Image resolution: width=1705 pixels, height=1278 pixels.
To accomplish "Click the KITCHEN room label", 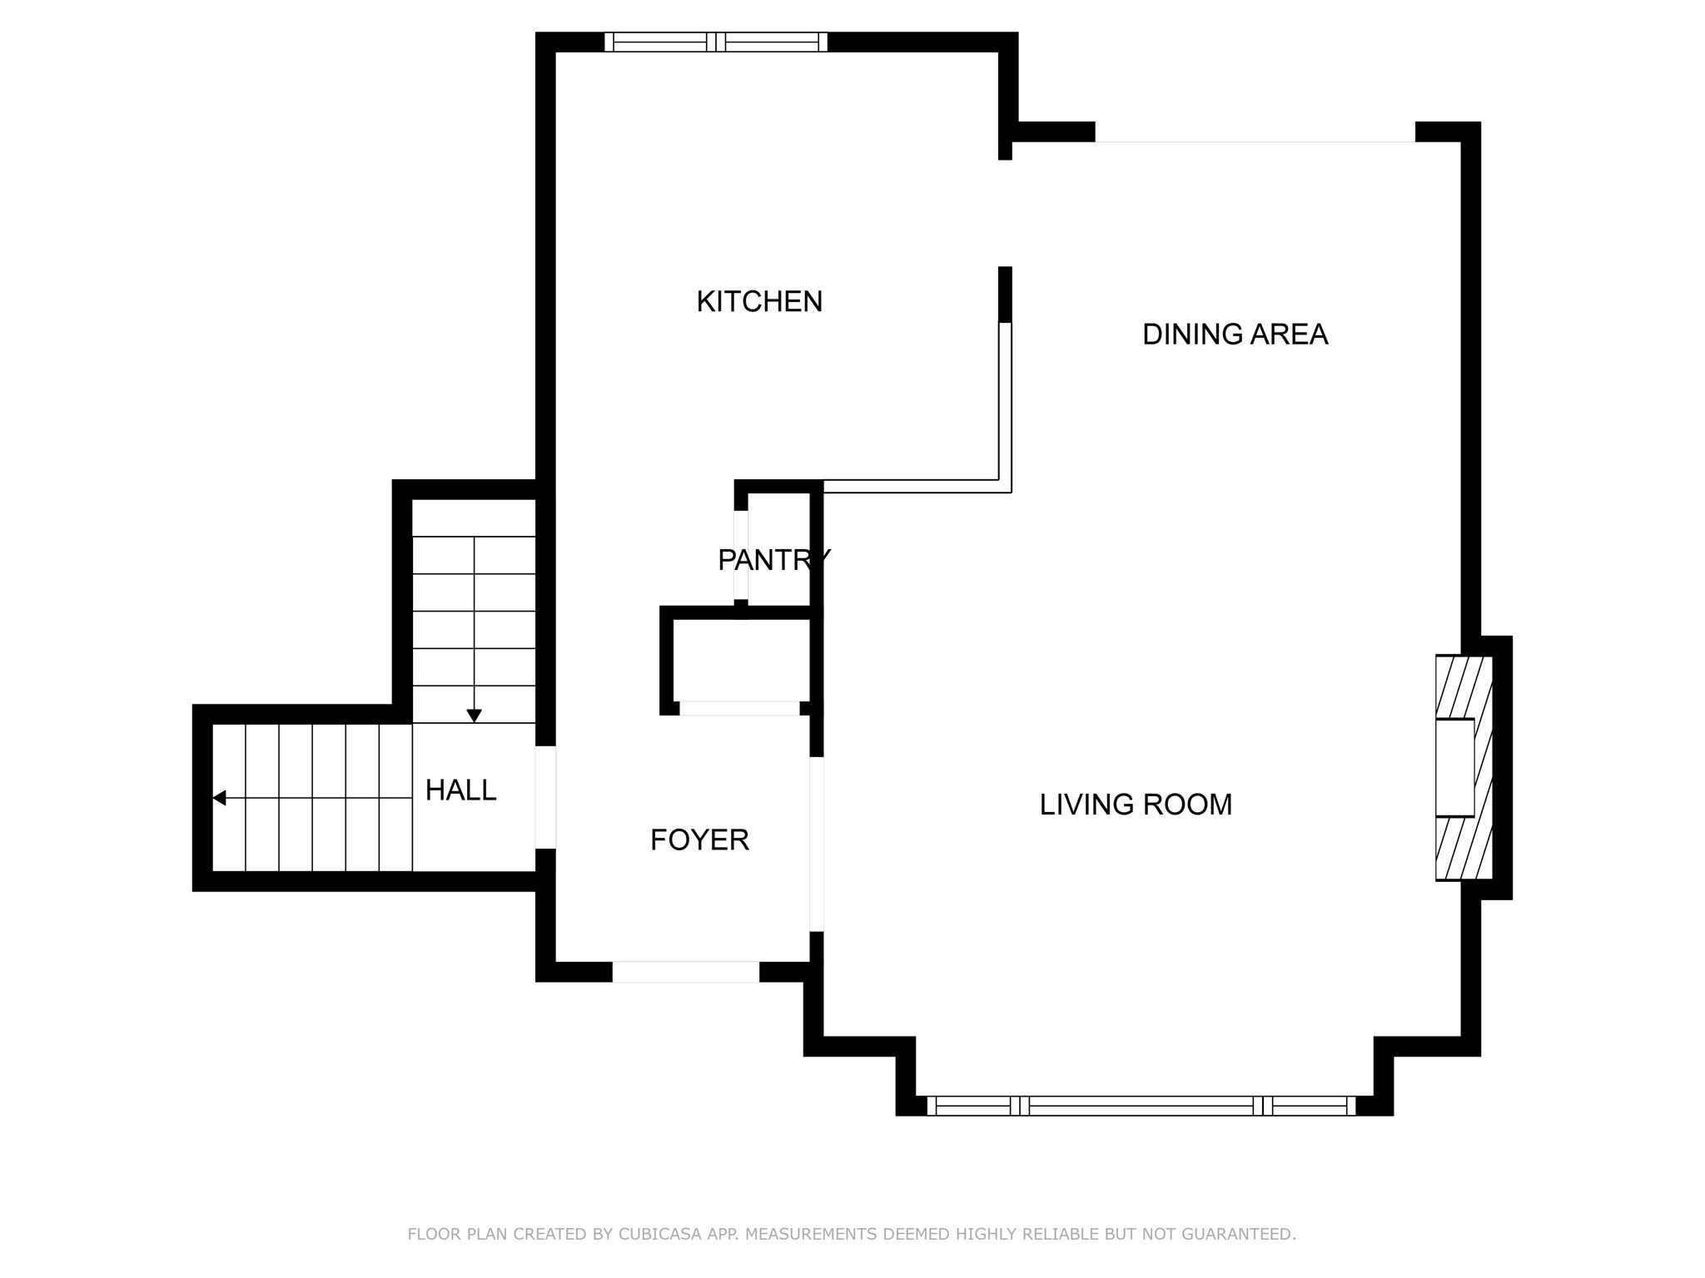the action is pyautogui.click(x=759, y=301).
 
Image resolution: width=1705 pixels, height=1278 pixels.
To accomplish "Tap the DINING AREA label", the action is pyautogui.click(x=1235, y=334).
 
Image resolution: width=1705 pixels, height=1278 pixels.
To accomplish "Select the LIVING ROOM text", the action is pyautogui.click(x=1136, y=805).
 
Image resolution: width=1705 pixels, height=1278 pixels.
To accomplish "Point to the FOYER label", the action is pyautogui.click(x=699, y=840).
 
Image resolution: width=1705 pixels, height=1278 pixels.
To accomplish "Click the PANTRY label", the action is pyautogui.click(x=774, y=560).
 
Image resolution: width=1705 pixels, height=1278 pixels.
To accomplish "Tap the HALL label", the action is pyautogui.click(x=460, y=790).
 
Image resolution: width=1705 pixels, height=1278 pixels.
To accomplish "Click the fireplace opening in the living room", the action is pyautogui.click(x=1454, y=768).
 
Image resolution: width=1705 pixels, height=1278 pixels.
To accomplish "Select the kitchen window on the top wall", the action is pyautogui.click(x=716, y=42).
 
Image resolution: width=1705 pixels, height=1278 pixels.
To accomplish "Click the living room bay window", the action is pyautogui.click(x=1141, y=1106).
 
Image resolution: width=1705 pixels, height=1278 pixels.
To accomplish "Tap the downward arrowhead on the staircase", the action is pyautogui.click(x=475, y=716).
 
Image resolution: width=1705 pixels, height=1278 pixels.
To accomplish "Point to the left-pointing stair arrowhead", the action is pyautogui.click(x=219, y=798).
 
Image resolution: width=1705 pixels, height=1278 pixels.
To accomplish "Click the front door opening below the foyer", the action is pyautogui.click(x=686, y=972).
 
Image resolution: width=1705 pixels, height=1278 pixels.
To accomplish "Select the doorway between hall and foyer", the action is pyautogui.click(x=545, y=797).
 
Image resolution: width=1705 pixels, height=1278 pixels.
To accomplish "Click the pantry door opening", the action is pyautogui.click(x=741, y=555).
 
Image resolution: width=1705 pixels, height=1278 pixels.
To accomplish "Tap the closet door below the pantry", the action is pyautogui.click(x=740, y=709).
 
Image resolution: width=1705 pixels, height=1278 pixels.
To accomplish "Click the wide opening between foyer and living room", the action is pyautogui.click(x=817, y=844).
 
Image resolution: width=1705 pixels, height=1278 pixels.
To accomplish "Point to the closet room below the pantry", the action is pyautogui.click(x=741, y=661).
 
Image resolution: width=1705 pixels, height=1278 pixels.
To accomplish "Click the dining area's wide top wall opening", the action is pyautogui.click(x=1255, y=133).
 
